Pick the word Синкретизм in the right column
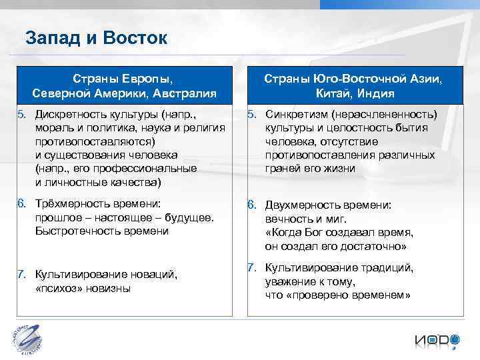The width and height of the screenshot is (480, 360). [297, 114]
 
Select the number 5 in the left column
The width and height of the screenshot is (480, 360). [22, 114]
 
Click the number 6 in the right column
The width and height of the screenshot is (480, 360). [252, 205]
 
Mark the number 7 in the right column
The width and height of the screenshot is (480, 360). [252, 267]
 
